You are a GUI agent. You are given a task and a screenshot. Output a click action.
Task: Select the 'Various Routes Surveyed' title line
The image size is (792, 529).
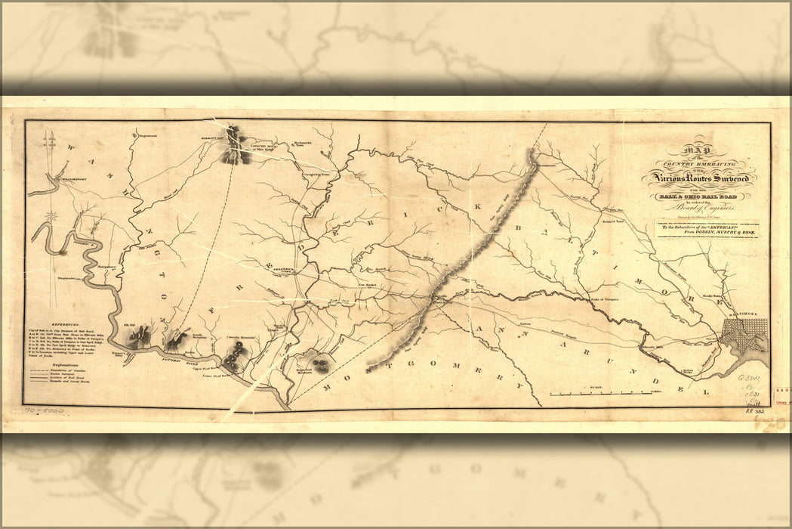click(698, 179)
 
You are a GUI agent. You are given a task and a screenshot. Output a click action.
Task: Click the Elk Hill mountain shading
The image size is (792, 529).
click(140, 335)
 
